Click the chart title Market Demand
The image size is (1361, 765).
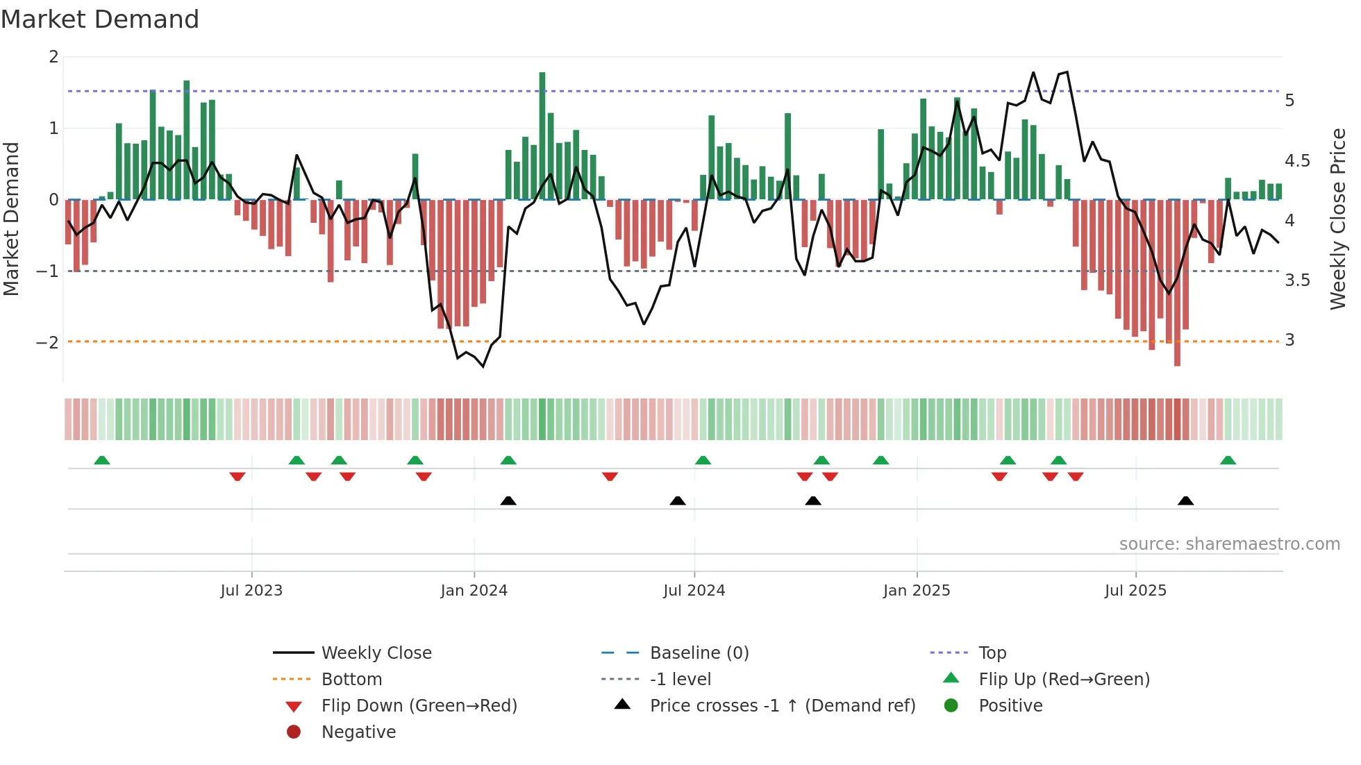coord(100,19)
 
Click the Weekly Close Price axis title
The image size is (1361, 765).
coord(1337,219)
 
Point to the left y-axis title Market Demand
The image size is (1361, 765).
coord(11,219)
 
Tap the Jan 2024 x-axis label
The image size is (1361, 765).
coord(474,591)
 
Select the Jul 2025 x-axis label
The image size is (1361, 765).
coord(1135,591)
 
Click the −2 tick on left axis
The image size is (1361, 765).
coord(47,342)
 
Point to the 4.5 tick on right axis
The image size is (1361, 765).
coord(1297,161)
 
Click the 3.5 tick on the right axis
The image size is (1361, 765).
coord(1297,280)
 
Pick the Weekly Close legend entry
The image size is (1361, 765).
coord(376,653)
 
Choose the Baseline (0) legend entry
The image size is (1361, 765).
coord(699,653)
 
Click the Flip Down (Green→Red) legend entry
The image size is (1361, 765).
coord(419,706)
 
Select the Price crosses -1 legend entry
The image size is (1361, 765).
coord(782,706)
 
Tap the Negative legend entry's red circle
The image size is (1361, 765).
coord(294,732)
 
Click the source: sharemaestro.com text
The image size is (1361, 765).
coord(1229,544)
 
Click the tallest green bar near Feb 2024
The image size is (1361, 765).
coord(542,135)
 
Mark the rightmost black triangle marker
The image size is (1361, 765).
coord(1185,501)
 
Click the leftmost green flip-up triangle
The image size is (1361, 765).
coord(102,460)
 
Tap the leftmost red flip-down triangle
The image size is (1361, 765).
coord(237,476)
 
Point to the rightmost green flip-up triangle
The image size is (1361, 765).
coord(1228,460)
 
